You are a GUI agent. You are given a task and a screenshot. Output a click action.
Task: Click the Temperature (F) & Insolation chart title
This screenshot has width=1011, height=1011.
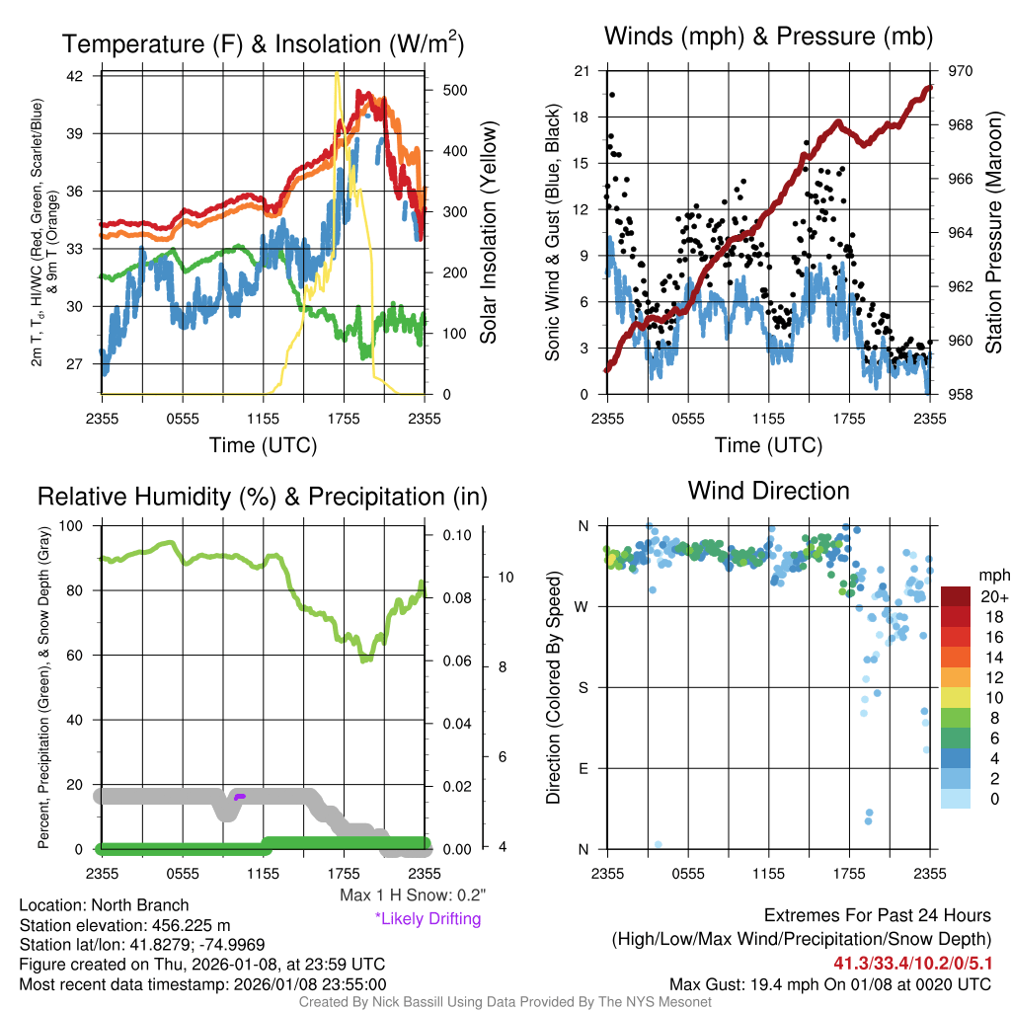coord(263,44)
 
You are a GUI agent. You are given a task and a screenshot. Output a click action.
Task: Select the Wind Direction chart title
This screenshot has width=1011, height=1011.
coord(768,491)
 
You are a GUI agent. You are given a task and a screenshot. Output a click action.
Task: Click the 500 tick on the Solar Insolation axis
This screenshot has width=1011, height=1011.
coord(454,90)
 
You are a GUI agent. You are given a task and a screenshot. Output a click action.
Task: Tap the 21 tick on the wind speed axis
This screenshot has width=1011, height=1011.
coord(582,71)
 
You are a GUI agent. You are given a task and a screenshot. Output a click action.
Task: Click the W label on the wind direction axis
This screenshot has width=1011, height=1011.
coord(584,606)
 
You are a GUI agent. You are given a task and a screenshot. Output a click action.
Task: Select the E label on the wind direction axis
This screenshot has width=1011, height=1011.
coord(584,768)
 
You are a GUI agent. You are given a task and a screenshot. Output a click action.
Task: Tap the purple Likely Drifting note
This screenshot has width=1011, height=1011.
coord(428,918)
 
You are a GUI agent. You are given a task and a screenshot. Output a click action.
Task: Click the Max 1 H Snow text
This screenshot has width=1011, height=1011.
coord(412,894)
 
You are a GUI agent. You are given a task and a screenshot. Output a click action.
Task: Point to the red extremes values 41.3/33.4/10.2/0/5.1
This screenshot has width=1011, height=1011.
coord(911,962)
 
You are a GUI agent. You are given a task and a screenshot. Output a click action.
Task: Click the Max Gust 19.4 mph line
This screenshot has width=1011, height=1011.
coord(829,983)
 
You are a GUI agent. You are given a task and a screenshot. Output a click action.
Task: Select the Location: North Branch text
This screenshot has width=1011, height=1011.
coord(104,904)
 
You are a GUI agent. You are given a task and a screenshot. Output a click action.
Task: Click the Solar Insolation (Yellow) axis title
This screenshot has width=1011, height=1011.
coord(489,233)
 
